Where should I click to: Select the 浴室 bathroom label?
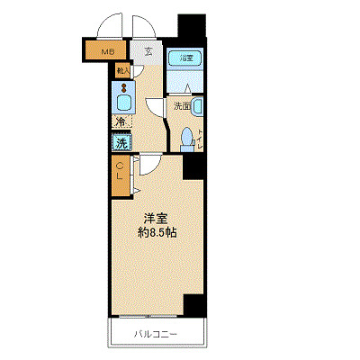point(185,58)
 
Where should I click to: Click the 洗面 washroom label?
point(180,105)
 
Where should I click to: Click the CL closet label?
point(120,175)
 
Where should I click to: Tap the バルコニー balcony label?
point(156,334)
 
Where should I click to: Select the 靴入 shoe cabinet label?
point(123,69)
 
